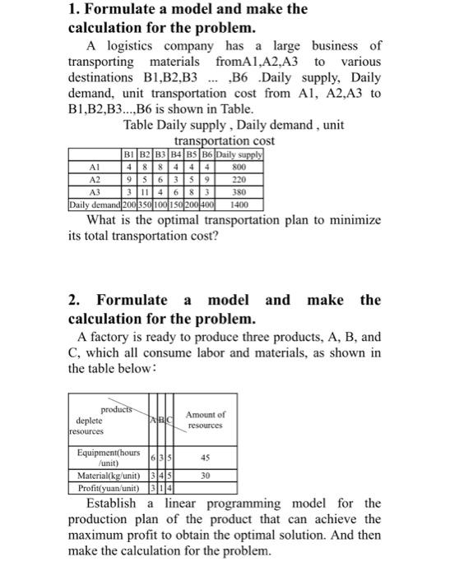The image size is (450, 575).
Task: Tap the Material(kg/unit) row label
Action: point(108,475)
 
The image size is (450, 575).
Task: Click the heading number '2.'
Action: point(74,300)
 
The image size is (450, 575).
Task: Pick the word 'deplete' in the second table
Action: point(88,419)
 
